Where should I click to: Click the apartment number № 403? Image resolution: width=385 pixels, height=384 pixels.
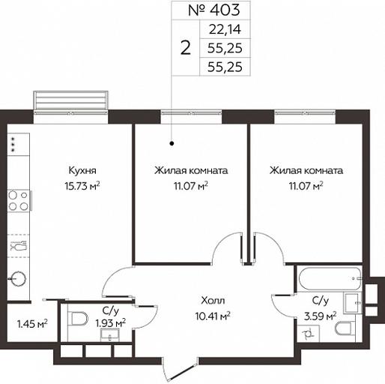tap(214, 10)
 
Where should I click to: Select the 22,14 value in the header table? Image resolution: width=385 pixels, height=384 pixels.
tap(225, 29)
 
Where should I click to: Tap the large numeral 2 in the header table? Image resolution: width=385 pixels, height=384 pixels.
tap(186, 48)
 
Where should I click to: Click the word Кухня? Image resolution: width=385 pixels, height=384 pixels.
tap(82, 171)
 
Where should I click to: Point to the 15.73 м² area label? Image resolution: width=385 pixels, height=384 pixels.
tap(82, 186)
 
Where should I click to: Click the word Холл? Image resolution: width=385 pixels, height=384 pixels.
tap(213, 301)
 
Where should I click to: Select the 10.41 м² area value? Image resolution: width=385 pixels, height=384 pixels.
tap(213, 316)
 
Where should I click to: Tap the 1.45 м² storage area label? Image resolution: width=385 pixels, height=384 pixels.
tap(32, 325)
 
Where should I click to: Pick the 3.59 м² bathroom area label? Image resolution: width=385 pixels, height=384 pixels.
tap(321, 316)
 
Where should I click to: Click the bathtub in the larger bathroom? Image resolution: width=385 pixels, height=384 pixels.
tap(330, 278)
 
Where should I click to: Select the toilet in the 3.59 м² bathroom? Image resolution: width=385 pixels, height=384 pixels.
tap(345, 328)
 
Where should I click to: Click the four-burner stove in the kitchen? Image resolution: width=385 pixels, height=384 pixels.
tap(19, 200)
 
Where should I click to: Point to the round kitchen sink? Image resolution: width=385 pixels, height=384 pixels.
tap(17, 278)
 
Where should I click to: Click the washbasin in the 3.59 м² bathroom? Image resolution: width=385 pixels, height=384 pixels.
tap(353, 303)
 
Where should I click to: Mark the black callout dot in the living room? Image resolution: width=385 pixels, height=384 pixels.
tap(172, 143)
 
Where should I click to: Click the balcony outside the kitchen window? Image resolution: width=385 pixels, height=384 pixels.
tap(71, 100)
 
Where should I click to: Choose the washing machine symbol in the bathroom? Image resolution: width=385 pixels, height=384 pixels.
tap(309, 333)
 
